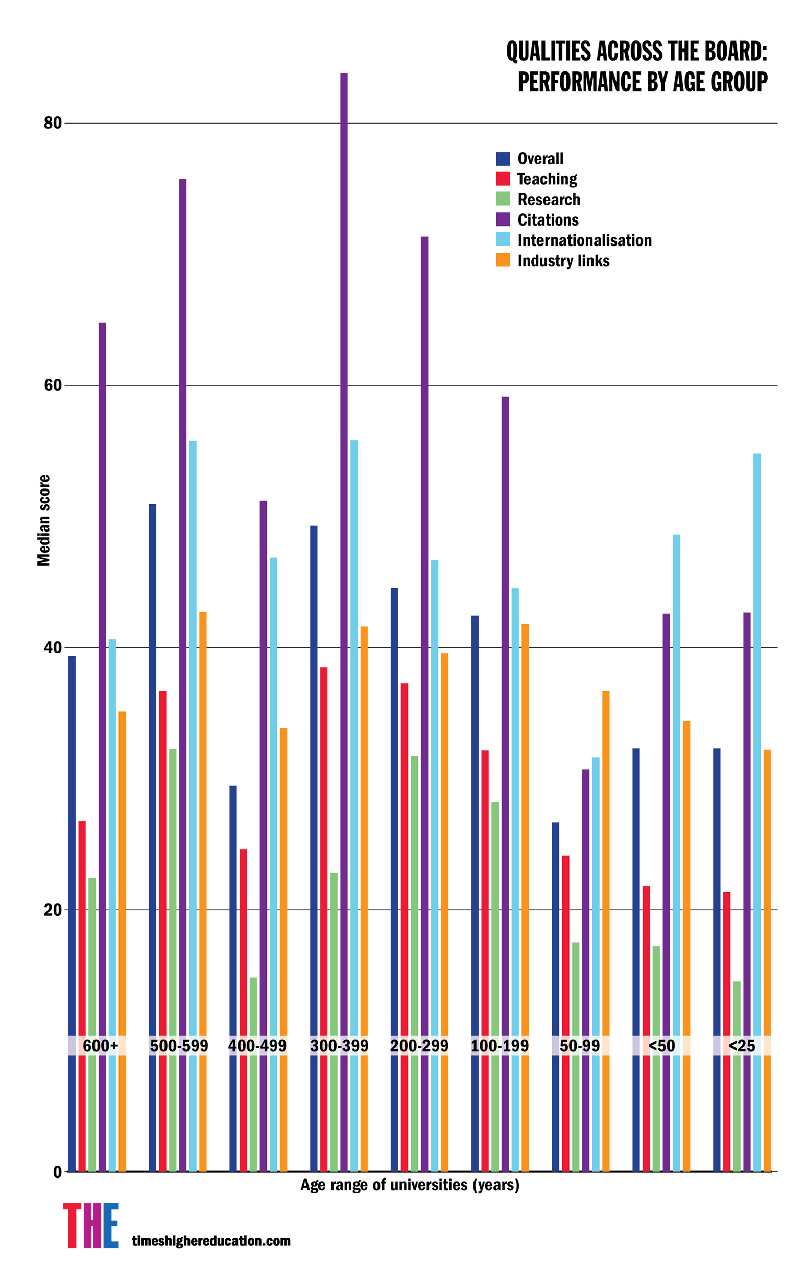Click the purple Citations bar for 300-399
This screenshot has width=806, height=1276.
click(344, 583)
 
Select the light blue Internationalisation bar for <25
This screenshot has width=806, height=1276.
click(756, 795)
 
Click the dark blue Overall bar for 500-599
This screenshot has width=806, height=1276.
click(153, 795)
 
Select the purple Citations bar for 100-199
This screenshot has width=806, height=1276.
click(505, 742)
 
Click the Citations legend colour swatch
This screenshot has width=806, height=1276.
click(503, 219)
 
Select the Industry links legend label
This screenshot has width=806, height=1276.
click(563, 261)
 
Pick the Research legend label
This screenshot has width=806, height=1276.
click(549, 199)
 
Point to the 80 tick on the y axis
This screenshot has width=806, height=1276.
click(53, 123)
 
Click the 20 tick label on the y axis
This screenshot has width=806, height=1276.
click(53, 910)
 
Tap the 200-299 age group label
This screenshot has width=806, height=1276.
click(419, 1045)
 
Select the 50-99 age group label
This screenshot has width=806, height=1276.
click(580, 1045)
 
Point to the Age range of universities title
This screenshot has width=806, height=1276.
click(409, 1184)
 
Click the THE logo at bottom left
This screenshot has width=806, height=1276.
click(91, 1225)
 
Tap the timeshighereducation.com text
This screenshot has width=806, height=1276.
click(211, 1240)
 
